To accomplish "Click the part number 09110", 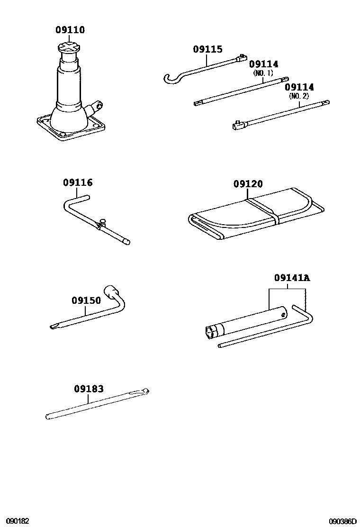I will click(70, 30).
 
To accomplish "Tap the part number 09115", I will click(207, 49).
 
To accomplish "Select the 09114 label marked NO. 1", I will click(263, 64).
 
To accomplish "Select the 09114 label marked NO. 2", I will click(299, 87).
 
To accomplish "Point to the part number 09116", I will click(78, 182).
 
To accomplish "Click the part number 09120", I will click(248, 184).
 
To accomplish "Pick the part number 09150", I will click(86, 300).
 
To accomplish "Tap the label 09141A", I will click(291, 278).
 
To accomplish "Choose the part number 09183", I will click(89, 389).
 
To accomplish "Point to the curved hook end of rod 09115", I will click(171, 79).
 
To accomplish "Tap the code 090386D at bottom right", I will click(343, 521).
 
